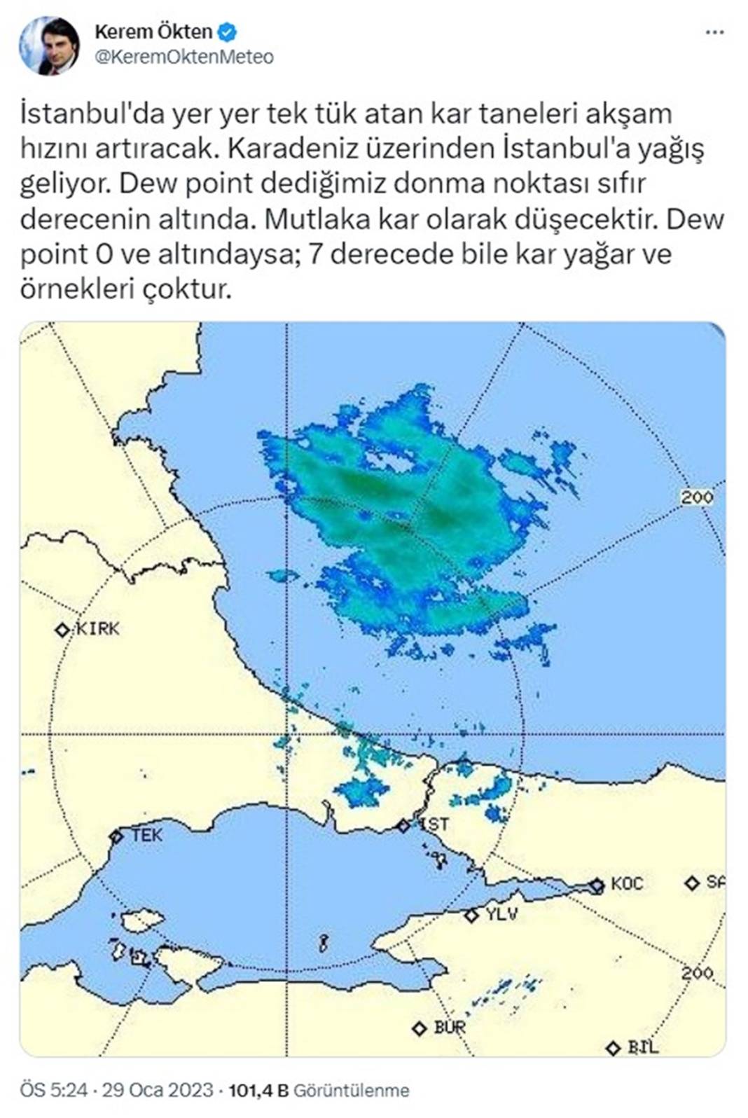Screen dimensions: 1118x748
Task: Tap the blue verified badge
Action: [228, 32]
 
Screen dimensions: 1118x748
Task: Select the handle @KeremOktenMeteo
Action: [183, 57]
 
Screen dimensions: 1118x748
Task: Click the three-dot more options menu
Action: [714, 32]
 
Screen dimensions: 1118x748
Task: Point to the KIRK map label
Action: [97, 629]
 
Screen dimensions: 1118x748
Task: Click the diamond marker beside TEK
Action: [116, 836]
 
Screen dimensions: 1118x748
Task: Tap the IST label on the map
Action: [436, 824]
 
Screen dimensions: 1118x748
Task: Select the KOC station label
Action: [627, 884]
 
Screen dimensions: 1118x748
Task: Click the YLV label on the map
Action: [501, 914]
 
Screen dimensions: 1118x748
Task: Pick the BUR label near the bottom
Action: [450, 1028]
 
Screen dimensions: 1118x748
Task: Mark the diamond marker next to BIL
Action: [614, 1048]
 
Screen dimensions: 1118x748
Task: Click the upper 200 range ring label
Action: [697, 497]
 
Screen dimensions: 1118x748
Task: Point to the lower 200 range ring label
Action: [697, 973]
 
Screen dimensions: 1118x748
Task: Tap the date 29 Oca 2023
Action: [158, 1091]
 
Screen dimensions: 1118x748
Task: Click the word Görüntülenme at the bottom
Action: [351, 1091]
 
